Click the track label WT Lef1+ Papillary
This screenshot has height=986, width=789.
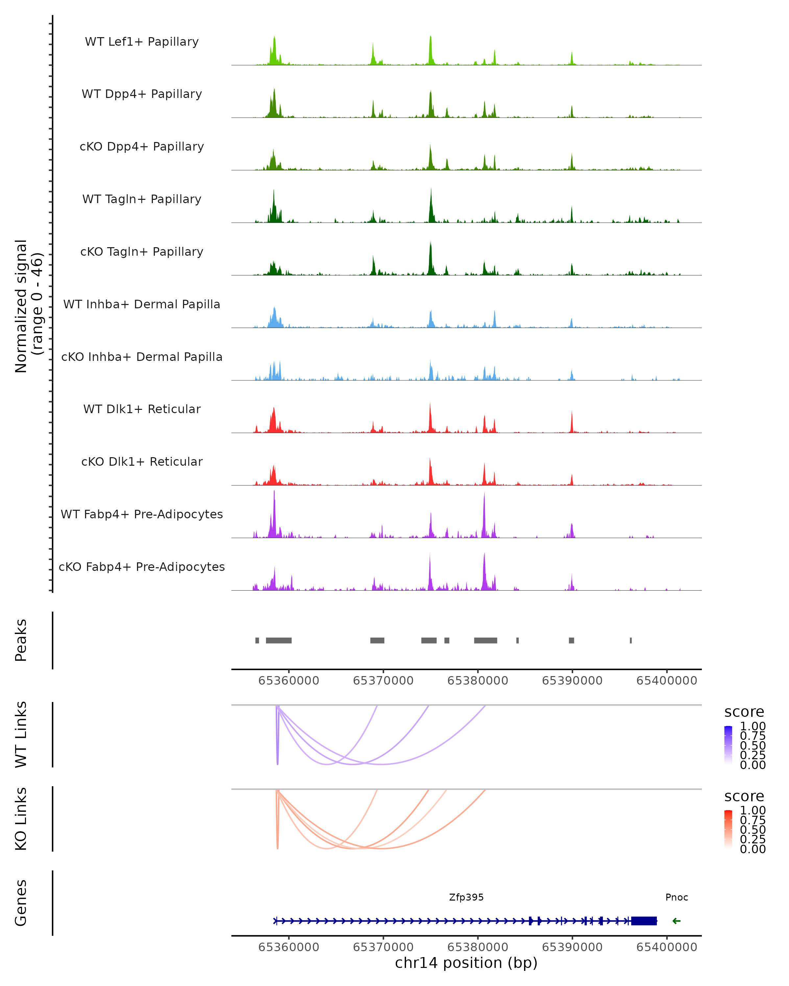142,42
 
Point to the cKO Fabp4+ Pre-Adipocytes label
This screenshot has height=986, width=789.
142,567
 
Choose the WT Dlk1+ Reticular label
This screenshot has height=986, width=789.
142,409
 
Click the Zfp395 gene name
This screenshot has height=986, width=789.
466,897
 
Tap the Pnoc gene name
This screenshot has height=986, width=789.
677,897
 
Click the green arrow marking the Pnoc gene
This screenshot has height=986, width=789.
677,921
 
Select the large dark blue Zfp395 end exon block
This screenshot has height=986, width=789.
644,921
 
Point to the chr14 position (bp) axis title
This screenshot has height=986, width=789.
466,963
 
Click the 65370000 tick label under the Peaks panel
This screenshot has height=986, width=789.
383,681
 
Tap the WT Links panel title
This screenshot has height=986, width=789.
21,735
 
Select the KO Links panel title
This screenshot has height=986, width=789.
21,819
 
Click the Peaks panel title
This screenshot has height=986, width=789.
21,640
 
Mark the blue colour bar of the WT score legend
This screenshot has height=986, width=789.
728,744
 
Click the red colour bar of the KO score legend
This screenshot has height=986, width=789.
728,828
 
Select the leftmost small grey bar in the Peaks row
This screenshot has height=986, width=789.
257,640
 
